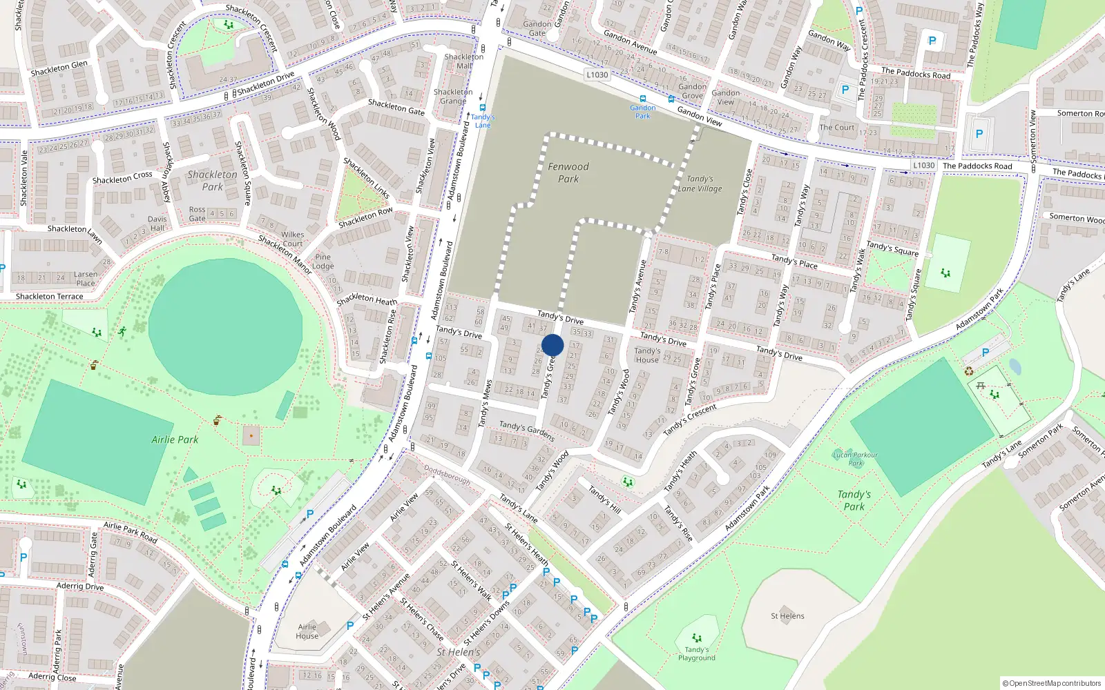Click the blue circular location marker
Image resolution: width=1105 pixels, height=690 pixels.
(552, 345)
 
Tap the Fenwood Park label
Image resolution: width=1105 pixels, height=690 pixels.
(568, 172)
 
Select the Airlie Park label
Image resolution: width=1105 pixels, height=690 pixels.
(175, 440)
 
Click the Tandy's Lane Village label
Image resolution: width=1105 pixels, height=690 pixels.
(700, 184)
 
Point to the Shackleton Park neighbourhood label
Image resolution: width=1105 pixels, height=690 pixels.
(212, 181)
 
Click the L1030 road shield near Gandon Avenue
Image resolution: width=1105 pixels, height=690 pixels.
(597, 75)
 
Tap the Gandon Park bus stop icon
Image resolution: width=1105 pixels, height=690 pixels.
(643, 99)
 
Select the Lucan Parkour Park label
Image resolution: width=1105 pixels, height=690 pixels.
(855, 459)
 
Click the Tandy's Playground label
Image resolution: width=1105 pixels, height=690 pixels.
(696, 653)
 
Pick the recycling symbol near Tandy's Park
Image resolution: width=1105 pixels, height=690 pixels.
(968, 371)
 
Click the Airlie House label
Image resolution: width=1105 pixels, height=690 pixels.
(307, 631)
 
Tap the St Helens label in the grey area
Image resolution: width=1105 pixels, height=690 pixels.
(787, 616)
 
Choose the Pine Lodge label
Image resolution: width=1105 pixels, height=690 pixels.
(323, 262)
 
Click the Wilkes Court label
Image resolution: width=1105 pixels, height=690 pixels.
(292, 239)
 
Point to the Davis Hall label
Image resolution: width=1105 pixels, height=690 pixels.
(157, 224)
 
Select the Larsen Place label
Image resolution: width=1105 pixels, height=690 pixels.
(86, 278)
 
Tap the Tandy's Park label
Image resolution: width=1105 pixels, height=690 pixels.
(854, 500)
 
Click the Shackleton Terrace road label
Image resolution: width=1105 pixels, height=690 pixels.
(50, 297)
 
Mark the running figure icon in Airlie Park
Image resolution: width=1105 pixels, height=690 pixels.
(122, 332)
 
